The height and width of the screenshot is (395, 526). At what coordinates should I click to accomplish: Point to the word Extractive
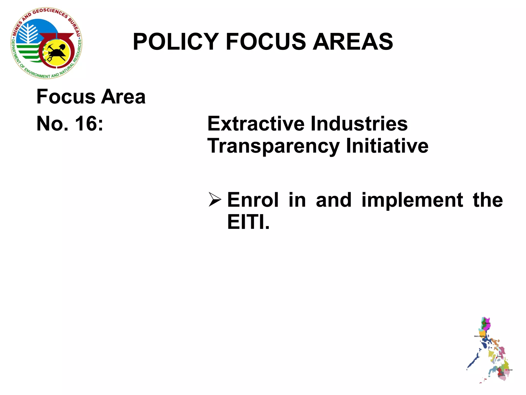point(256,124)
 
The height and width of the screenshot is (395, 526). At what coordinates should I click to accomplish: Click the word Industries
point(359,124)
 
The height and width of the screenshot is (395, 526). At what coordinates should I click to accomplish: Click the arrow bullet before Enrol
point(214,200)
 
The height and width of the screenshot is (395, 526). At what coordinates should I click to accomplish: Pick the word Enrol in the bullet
point(253,200)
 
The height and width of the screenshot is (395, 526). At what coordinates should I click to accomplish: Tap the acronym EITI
point(248,222)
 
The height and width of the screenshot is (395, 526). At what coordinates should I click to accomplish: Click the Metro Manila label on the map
point(479,336)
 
